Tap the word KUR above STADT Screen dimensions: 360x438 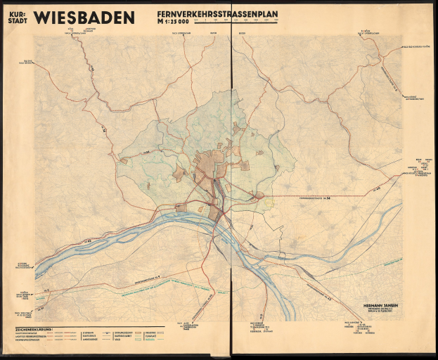[17, 13]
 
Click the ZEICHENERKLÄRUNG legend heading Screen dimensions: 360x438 [35, 328]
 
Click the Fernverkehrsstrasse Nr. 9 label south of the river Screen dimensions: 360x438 [148, 279]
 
